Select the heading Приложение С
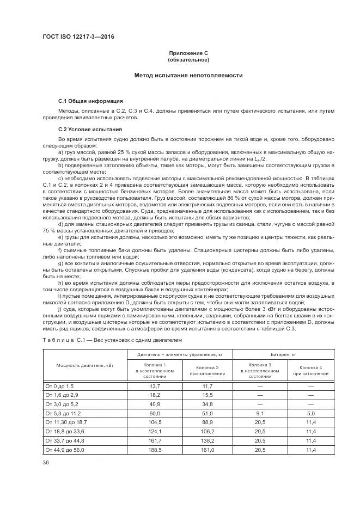click(x=188, y=53)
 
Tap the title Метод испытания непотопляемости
click(x=188, y=76)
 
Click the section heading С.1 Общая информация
click(x=90, y=101)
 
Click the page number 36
click(x=46, y=462)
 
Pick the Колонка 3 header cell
click(x=256, y=370)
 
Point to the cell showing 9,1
click(x=256, y=413)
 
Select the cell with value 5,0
click(x=310, y=413)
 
